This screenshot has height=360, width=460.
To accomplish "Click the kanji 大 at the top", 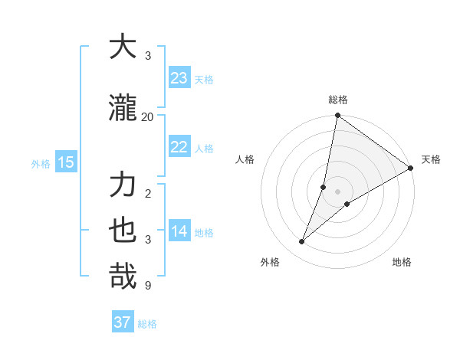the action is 123,47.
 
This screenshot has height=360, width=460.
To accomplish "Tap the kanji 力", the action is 123,186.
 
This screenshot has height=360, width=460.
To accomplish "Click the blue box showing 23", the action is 179,78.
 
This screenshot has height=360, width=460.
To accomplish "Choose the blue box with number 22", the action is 179,147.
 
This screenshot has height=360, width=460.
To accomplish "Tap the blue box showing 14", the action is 179,231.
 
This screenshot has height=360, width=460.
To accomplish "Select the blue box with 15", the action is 65,162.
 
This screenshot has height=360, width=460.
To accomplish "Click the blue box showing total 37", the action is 122,322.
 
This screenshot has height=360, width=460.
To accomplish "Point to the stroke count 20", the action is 148,116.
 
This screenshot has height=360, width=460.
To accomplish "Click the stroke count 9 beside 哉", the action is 148,286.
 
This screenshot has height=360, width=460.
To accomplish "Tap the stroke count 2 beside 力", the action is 148,194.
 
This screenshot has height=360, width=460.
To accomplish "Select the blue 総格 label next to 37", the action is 147,324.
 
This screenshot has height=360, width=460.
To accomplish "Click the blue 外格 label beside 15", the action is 41,163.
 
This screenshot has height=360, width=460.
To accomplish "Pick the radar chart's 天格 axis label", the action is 431,159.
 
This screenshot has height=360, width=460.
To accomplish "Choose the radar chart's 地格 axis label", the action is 402,262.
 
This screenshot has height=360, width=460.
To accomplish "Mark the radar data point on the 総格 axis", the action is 337,116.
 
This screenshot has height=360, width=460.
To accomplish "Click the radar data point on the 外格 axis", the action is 302,242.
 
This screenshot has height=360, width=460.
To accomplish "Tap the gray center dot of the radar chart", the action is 337,191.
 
